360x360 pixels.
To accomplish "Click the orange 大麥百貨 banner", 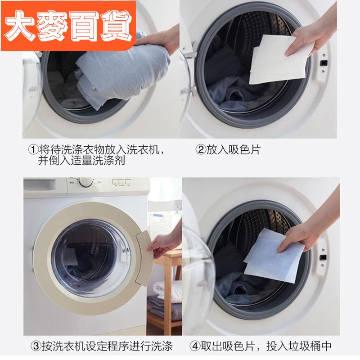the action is click(68, 26).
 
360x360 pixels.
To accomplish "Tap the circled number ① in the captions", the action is click(33, 150).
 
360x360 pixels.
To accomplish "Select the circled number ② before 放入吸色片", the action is click(201, 150).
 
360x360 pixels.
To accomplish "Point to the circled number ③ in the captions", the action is click(36, 346).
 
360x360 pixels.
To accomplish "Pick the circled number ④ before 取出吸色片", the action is click(195, 346).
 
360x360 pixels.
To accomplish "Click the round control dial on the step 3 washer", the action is click(86, 183).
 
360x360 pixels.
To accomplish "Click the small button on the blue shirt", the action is click(94, 87).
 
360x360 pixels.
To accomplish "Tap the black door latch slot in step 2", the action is click(324, 63).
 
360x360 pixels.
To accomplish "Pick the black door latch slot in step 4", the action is click(323, 258).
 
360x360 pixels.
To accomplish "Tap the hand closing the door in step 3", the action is click(164, 243).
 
